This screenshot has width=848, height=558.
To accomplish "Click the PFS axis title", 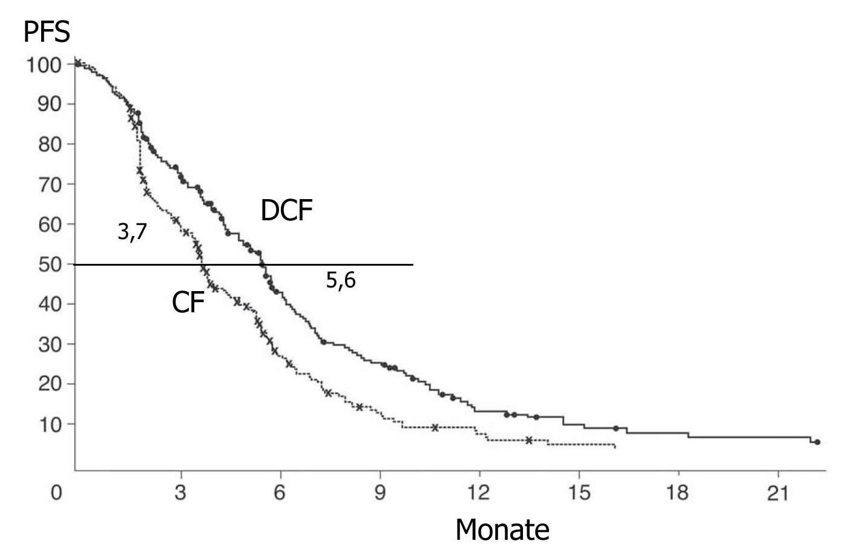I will (47, 31).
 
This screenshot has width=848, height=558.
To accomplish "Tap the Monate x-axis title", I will (502, 530).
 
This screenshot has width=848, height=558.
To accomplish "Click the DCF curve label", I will (286, 211).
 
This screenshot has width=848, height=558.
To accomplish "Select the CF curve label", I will (188, 302).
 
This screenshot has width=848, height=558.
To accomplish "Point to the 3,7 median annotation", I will (132, 231).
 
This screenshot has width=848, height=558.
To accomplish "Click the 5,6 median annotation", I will (341, 280).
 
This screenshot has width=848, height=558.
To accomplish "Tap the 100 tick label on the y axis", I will (43, 64).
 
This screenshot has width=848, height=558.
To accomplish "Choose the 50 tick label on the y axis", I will (50, 264).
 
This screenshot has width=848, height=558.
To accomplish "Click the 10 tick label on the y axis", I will (50, 424).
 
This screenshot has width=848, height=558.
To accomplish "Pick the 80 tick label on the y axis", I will (50, 144).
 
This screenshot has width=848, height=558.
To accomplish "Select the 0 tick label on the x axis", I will (56, 493).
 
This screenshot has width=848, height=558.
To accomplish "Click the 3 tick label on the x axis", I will (180, 493).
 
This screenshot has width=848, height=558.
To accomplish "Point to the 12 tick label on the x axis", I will (479, 493).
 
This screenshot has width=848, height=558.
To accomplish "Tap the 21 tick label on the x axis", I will (778, 493).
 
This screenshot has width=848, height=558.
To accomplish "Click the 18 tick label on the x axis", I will (678, 493).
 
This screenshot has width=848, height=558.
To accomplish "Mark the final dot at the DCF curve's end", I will (817, 442).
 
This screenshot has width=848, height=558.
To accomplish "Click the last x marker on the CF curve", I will (528, 440).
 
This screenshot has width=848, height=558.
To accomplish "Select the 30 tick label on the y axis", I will (50, 344).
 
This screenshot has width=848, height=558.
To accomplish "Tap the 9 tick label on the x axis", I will (380, 493).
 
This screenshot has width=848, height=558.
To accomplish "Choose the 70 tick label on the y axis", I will (50, 184).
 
